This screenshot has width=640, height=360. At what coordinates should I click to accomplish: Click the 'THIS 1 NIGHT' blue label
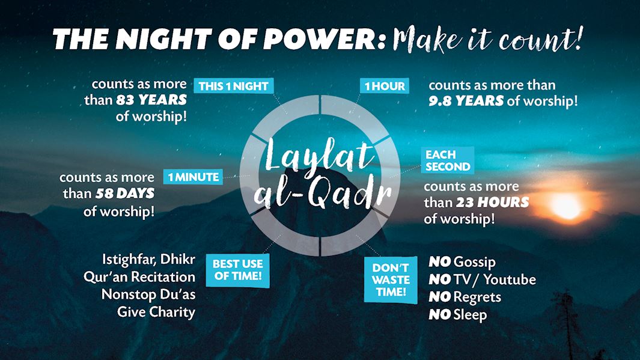tap(234, 86)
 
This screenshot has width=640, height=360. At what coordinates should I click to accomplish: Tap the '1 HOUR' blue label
tap(385, 86)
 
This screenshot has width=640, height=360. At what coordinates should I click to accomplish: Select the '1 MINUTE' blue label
tap(193, 177)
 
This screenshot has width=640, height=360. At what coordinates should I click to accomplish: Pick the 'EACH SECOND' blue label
tap(448, 160)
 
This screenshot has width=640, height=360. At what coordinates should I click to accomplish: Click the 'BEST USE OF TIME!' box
tap(237, 270)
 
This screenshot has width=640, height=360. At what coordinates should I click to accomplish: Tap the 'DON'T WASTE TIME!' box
tap(391, 280)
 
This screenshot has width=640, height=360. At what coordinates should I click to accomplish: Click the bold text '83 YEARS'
tap(151, 100)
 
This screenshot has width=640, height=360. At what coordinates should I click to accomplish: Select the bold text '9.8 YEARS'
tap(466, 101)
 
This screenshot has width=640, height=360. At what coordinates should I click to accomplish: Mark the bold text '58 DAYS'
tap(125, 193)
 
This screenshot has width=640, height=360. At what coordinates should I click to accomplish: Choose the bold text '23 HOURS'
tap(492, 202)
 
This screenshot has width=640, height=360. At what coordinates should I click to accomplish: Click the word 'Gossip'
tap(474, 262)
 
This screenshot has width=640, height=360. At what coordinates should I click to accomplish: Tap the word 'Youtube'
tap(510, 279)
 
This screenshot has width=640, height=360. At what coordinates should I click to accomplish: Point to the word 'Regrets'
tap(477, 297)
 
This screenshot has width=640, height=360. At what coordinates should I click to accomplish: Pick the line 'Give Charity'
tap(156, 313)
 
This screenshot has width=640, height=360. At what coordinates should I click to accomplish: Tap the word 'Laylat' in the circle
tap(319, 156)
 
